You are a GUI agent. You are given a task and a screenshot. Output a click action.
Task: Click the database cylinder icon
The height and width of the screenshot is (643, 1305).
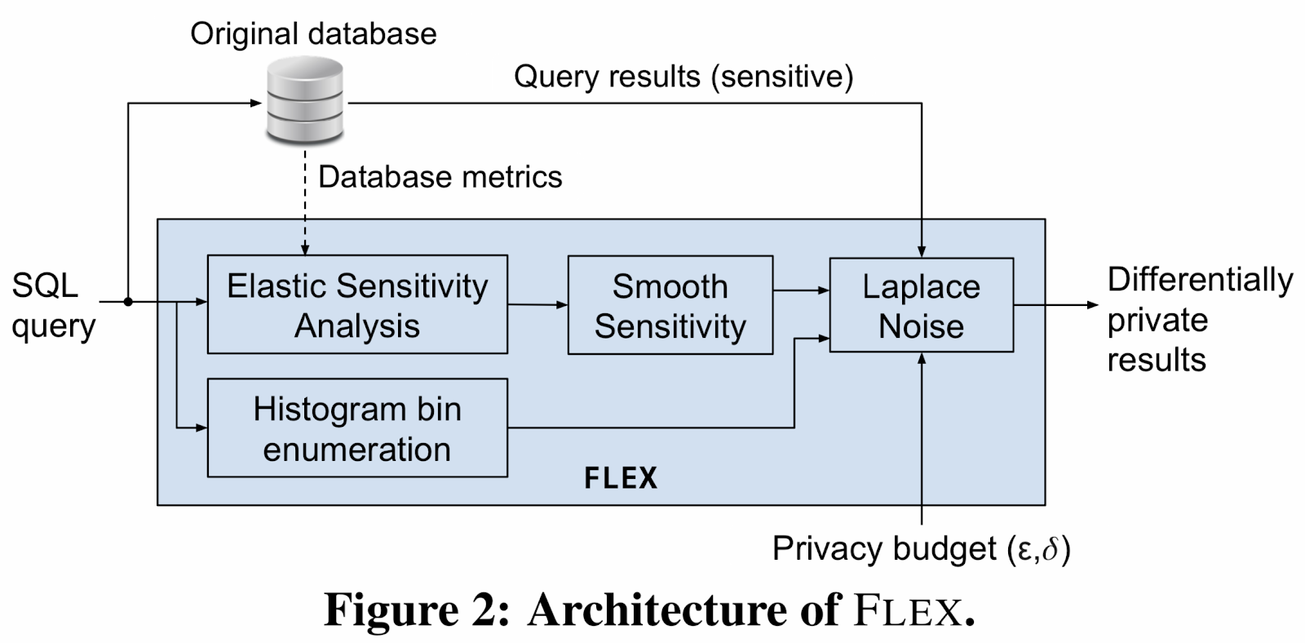tap(306, 103)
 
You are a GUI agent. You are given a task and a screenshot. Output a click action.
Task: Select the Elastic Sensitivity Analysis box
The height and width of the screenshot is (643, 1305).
tap(357, 304)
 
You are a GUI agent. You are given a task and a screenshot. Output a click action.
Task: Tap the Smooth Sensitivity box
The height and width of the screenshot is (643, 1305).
tap(670, 305)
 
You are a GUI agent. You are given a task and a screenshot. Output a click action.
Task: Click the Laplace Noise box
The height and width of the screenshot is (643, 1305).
tap(921, 305)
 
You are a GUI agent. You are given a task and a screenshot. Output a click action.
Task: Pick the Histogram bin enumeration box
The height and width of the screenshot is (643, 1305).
tap(357, 428)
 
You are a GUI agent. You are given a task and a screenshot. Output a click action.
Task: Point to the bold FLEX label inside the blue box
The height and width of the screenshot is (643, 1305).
tap(621, 478)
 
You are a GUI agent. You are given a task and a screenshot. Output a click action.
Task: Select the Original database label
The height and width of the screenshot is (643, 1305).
tap(313, 34)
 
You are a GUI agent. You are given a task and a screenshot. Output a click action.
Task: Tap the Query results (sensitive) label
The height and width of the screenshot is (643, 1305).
tap(683, 77)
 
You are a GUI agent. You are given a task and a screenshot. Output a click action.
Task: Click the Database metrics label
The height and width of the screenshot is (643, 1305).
tap(440, 177)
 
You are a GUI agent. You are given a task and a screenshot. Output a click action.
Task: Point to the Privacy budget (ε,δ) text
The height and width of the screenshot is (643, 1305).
tap(921, 548)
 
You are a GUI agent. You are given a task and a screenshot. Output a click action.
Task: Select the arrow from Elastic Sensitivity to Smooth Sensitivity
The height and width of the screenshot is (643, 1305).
tap(537, 304)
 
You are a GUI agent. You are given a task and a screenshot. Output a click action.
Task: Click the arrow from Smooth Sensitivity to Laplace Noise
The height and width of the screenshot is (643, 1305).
tap(800, 290)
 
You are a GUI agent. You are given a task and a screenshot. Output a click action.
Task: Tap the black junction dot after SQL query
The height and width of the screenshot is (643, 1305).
tap(128, 302)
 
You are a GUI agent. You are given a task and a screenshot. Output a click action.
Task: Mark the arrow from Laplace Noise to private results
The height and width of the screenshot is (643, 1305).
tap(1055, 305)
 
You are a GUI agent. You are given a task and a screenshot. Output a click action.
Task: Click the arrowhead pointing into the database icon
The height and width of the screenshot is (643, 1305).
tap(254, 103)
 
